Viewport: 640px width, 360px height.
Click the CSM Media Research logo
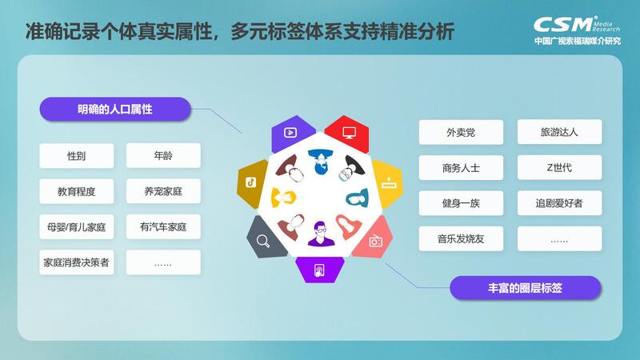(577, 30)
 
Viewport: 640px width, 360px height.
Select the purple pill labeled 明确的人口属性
(115, 109)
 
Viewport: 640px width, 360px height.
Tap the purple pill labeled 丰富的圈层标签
(526, 288)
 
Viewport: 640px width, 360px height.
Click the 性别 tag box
(77, 155)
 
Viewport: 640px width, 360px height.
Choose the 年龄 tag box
(163, 155)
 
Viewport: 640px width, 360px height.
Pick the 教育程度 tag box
(77, 191)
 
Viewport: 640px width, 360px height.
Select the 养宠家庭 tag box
(163, 191)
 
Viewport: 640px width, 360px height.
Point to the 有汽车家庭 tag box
(163, 226)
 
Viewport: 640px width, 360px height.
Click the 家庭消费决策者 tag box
(77, 262)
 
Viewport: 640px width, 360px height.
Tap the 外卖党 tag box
(461, 132)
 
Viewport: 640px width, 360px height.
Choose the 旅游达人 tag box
(559, 132)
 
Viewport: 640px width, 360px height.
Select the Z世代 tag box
(559, 167)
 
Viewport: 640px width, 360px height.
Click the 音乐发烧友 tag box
(461, 238)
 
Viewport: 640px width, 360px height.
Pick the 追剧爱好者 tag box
(559, 203)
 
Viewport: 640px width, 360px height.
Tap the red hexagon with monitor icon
(348, 134)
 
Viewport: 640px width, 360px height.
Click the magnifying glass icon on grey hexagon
(263, 241)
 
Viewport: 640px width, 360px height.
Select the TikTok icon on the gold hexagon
(250, 182)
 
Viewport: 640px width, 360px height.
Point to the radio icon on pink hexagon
(375, 241)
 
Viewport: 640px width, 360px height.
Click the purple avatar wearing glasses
(321, 234)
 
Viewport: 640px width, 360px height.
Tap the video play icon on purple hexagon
(290, 132)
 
